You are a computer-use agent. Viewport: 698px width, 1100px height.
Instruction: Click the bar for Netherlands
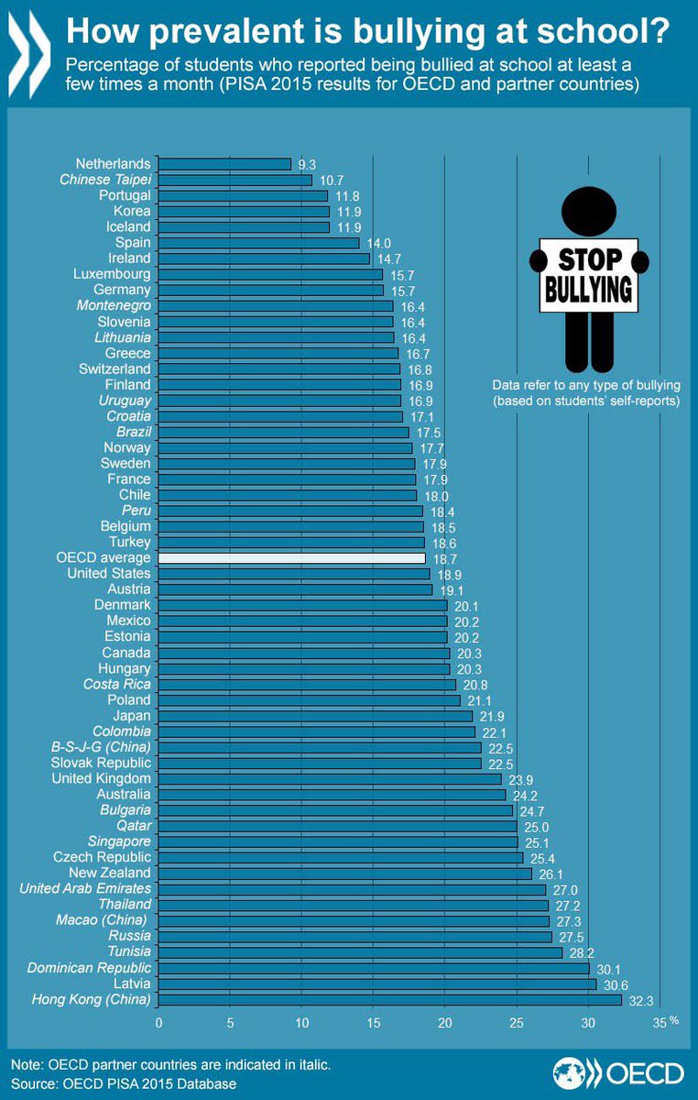[224, 164]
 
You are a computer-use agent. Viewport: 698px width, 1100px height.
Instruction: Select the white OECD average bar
[291, 558]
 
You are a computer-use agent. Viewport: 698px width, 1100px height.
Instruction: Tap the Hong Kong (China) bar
[389, 1000]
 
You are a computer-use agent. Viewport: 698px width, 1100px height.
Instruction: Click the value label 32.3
[641, 1001]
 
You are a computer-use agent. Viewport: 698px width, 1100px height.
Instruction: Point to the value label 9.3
[307, 165]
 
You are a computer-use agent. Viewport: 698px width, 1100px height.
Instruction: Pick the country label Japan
[132, 716]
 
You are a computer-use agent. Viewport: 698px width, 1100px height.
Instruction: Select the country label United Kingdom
[102, 778]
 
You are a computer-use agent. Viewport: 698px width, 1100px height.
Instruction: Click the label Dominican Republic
[90, 968]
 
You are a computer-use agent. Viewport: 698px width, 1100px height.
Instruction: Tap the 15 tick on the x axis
[374, 1023]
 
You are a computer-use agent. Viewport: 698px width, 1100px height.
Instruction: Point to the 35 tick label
[660, 1023]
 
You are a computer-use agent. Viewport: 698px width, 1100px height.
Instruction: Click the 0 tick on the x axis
[158, 1023]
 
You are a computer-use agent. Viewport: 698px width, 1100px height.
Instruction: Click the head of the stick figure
[589, 212]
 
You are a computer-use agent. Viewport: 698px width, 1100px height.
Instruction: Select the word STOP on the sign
[590, 259]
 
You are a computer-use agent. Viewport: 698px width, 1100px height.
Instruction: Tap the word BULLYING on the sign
[589, 290]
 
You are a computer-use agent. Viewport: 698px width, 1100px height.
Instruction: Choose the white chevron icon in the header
[29, 54]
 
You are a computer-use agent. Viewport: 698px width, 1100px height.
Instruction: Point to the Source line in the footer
[124, 1084]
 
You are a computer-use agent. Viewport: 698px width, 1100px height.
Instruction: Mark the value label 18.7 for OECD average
[445, 559]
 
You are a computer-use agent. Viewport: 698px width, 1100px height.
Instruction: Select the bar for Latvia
[377, 984]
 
